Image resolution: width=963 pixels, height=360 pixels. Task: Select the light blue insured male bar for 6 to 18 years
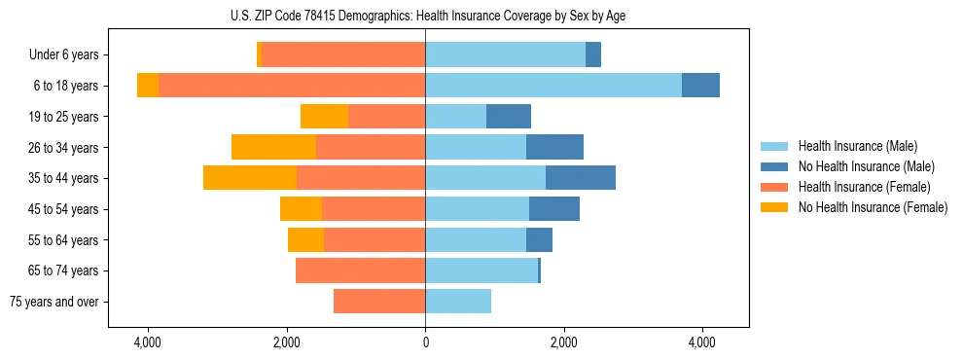tap(553, 86)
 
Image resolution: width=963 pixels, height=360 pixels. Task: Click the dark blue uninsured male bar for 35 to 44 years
tap(580, 178)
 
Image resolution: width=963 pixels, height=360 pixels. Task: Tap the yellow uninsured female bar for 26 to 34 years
tap(273, 147)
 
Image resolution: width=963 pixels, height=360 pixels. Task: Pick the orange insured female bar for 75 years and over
tap(379, 302)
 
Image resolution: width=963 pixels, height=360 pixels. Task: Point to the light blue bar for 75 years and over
tap(458, 302)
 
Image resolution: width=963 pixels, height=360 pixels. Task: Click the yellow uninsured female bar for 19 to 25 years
tap(324, 117)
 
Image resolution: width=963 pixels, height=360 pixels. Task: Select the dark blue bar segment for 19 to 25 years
tap(509, 117)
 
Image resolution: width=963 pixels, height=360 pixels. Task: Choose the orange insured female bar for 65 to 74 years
tap(360, 270)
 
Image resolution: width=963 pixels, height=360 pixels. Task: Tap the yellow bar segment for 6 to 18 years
tap(148, 86)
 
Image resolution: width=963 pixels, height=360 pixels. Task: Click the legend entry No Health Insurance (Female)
tap(873, 207)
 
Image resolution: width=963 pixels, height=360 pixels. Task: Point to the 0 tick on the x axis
tap(425, 343)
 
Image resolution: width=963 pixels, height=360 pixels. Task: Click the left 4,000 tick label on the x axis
tap(148, 343)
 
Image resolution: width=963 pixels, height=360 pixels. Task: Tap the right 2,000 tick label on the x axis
tap(564, 343)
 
